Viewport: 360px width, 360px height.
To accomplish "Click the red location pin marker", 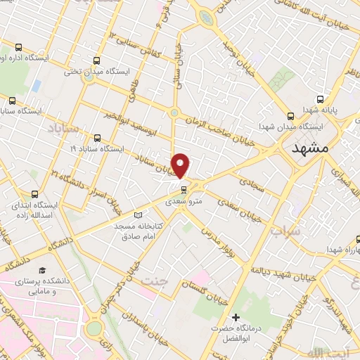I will [181, 165].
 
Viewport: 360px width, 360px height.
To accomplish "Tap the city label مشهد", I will [309, 150].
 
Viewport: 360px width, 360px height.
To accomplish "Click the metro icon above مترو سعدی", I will [184, 189].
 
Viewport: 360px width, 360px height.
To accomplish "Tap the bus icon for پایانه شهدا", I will [321, 99].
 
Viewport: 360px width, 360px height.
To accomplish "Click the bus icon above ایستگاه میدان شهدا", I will [291, 115].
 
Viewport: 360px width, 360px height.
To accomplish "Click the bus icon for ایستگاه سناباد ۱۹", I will [96, 138].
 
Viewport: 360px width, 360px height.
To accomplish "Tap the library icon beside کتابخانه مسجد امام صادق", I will [138, 214].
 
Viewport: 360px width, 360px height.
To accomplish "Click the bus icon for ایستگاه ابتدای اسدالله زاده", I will [34, 193].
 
